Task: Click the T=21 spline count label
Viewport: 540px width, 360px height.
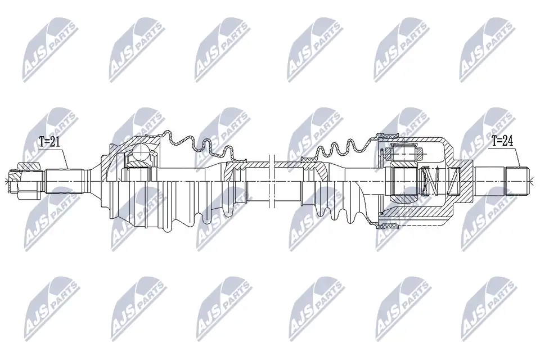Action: (x=50, y=142)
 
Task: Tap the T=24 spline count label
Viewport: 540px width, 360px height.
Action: (x=502, y=141)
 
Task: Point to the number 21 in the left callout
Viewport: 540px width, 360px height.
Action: (x=55, y=142)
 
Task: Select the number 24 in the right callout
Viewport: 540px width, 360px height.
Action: (x=507, y=141)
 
